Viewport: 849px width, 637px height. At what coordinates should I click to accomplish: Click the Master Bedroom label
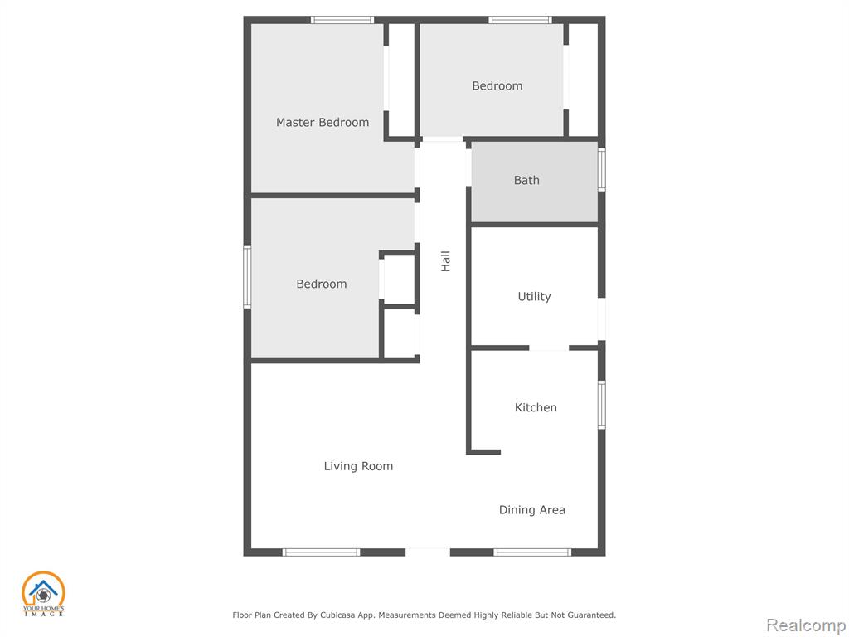click(x=323, y=123)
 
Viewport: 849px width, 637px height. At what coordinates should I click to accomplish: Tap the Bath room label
click(x=526, y=180)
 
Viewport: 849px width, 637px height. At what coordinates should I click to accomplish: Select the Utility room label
click(x=535, y=297)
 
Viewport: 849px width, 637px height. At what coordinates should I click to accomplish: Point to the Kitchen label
click(x=536, y=407)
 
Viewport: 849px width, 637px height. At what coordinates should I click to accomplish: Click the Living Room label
click(x=358, y=466)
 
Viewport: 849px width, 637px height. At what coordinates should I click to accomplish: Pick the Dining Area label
click(x=531, y=510)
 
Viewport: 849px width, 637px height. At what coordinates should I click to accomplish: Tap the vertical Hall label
click(x=445, y=261)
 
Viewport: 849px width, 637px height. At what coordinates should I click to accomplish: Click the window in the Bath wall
click(x=602, y=169)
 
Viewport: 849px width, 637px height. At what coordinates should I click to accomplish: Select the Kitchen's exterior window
click(x=602, y=405)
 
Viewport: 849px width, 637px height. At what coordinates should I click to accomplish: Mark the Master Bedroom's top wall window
click(x=342, y=20)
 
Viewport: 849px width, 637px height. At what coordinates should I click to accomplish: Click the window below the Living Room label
click(x=321, y=552)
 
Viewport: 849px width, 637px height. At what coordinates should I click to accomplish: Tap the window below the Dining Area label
click(x=532, y=552)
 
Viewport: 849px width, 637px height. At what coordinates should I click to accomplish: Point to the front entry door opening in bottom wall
click(x=428, y=552)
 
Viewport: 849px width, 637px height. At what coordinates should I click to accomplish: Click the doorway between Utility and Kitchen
click(x=549, y=348)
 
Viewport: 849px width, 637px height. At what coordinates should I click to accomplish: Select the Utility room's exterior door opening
click(x=602, y=319)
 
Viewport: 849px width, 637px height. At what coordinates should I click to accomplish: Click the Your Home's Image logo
click(x=43, y=594)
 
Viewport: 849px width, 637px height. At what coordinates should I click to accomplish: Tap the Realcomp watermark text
click(x=806, y=625)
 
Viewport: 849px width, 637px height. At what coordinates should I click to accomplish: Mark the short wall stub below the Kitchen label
click(x=483, y=452)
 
